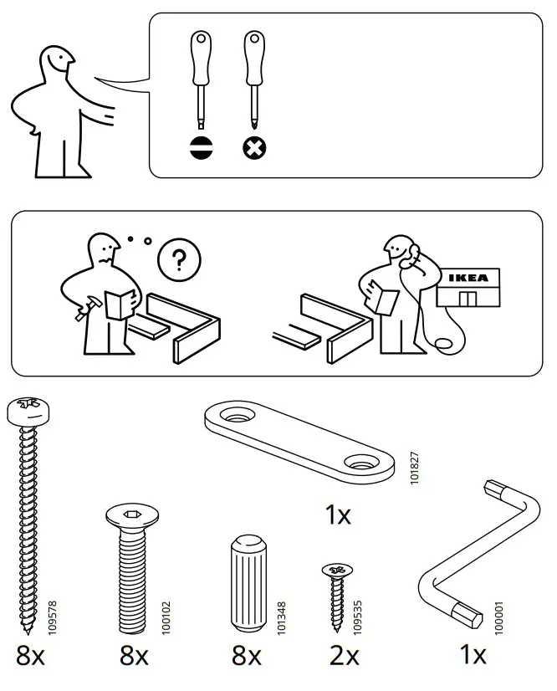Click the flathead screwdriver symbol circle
point(202,149)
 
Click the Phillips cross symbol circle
point(253,149)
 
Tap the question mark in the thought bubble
point(174,260)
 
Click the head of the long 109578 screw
point(29,409)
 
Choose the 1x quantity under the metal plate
point(338,515)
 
